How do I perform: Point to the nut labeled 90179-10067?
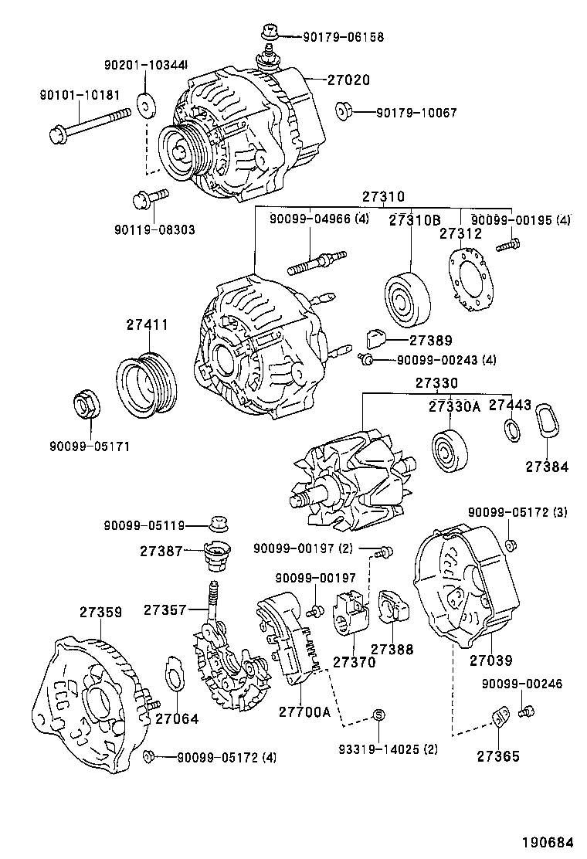coord(345,112)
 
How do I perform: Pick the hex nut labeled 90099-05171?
coord(83,405)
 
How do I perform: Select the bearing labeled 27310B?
coord(408,296)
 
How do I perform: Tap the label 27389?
coord(431,340)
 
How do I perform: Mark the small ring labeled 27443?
coord(511,428)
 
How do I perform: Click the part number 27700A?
coord(304,711)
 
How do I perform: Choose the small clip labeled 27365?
coord(500,718)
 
